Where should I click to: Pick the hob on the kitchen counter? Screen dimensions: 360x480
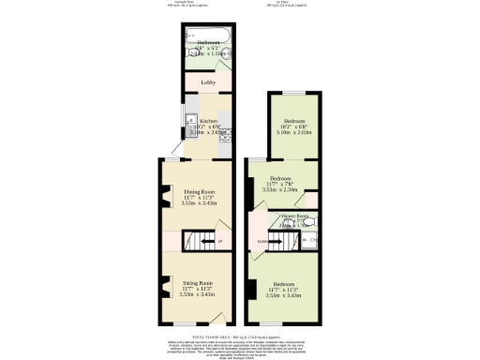(225, 135)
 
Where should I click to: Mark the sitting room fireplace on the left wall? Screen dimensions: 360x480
(165, 287)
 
